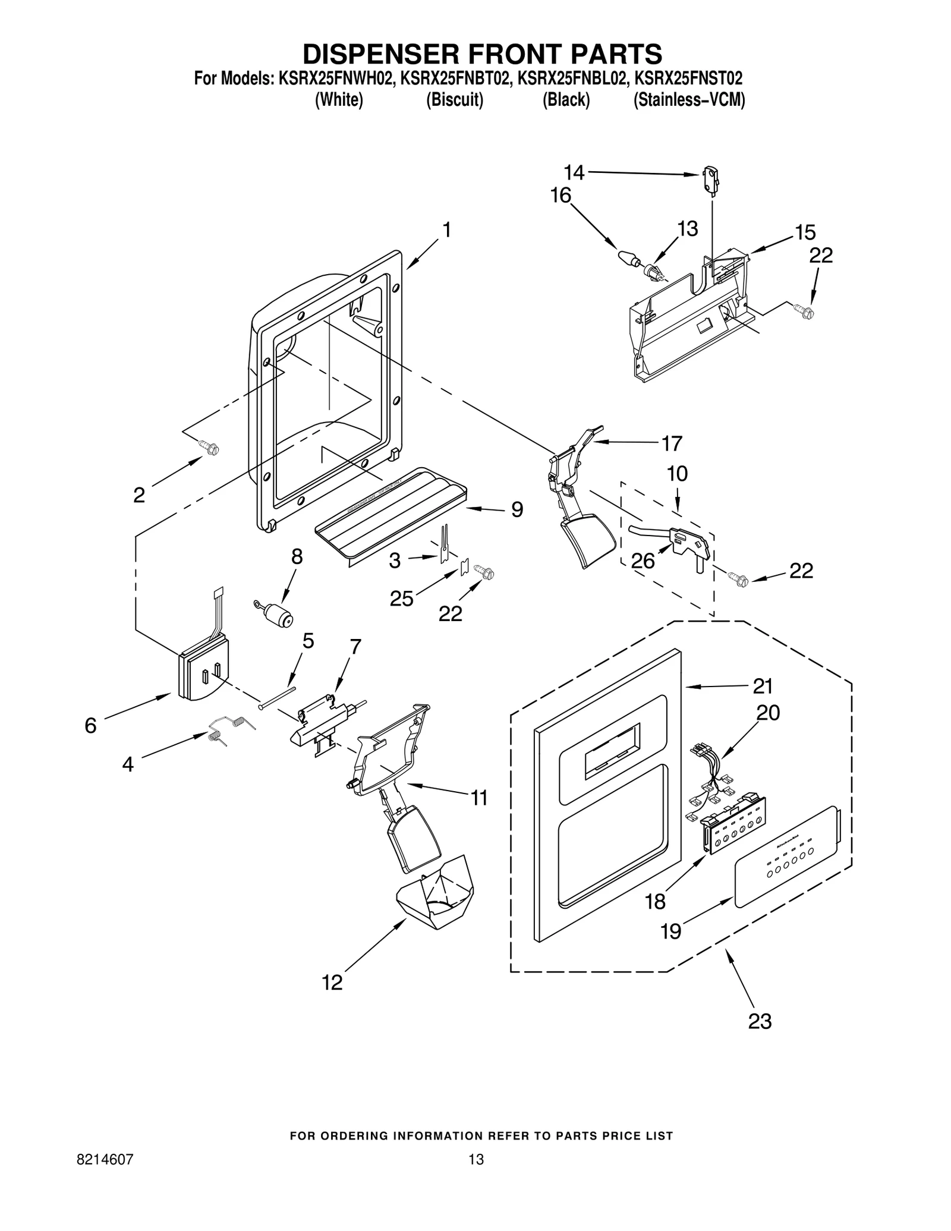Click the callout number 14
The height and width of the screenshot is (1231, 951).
574,172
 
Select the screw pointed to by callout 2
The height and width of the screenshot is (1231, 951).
209,448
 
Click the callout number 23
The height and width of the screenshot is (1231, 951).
759,1021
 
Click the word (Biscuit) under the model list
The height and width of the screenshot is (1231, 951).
455,100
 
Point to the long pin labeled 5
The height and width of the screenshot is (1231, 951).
278,697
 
